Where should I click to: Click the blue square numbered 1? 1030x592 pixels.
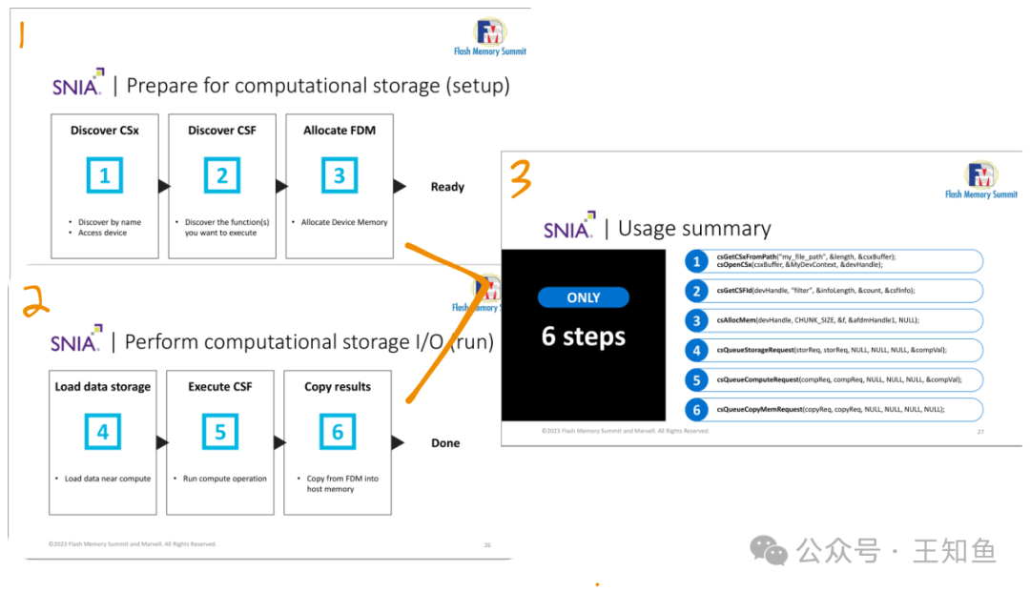coord(105,175)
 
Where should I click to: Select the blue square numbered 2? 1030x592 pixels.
coord(221,175)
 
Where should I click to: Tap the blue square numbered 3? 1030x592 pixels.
coord(339,175)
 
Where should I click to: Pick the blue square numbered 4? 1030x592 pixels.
coord(103,432)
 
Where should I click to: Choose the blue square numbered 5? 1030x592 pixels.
coord(220,432)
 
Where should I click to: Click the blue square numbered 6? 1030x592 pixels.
coord(337,432)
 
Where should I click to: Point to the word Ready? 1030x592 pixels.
coord(447,187)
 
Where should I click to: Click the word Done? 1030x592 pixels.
coord(445,443)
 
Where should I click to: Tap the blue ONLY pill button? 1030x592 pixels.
coord(583,297)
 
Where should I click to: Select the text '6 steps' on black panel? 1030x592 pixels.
coord(583,337)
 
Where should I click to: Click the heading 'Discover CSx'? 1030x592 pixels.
coord(105,131)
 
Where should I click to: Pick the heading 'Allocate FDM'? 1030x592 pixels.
coord(339,131)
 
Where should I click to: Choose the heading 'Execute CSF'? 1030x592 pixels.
coord(220,387)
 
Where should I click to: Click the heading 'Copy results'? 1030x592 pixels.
coord(337,387)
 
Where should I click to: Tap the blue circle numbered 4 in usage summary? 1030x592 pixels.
coord(697,350)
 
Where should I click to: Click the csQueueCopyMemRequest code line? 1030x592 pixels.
coord(830,409)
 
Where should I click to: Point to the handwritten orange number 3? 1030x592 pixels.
coord(520,178)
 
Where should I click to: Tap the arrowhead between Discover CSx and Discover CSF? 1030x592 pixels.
coord(164,187)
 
